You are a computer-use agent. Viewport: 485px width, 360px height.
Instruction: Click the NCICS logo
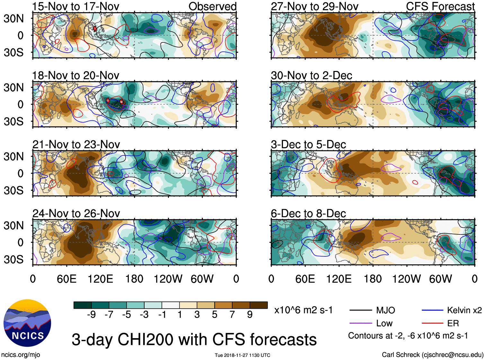pyautogui.click(x=27, y=323)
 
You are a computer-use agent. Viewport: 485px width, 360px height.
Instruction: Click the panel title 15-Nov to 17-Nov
pyautogui.click(x=76, y=6)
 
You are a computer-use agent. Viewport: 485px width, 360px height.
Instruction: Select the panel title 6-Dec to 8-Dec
pyautogui.click(x=308, y=213)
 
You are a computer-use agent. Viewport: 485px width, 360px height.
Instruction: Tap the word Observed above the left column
pyautogui.click(x=212, y=6)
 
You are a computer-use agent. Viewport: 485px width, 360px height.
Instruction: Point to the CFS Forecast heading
pyautogui.click(x=440, y=6)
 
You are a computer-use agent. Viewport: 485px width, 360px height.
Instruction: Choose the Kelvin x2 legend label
pyautogui.click(x=464, y=310)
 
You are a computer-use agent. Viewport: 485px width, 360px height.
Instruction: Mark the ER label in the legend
pyautogui.click(x=453, y=323)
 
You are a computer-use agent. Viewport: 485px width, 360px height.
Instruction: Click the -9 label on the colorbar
pyautogui.click(x=91, y=315)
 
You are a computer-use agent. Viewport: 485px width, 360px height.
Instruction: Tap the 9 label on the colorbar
pyautogui.click(x=250, y=315)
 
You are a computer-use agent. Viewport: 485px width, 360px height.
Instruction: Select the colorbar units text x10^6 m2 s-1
pyautogui.click(x=303, y=310)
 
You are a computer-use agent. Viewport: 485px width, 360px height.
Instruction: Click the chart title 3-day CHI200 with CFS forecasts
pyautogui.click(x=194, y=339)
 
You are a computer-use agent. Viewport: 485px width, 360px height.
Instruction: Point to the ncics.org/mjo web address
pyautogui.click(x=21, y=355)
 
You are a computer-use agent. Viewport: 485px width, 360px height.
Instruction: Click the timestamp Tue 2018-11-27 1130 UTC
pyautogui.click(x=242, y=355)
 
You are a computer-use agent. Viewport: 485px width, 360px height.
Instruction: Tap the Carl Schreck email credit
pyautogui.click(x=432, y=355)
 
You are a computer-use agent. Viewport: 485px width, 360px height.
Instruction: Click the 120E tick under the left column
pyautogui.click(x=100, y=279)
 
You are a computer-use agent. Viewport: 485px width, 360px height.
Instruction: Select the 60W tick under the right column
pyautogui.click(x=440, y=279)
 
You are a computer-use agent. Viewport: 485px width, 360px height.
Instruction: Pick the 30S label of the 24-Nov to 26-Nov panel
pyautogui.click(x=13, y=259)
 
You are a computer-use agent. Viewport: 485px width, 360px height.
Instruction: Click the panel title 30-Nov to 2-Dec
pyautogui.click(x=312, y=75)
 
